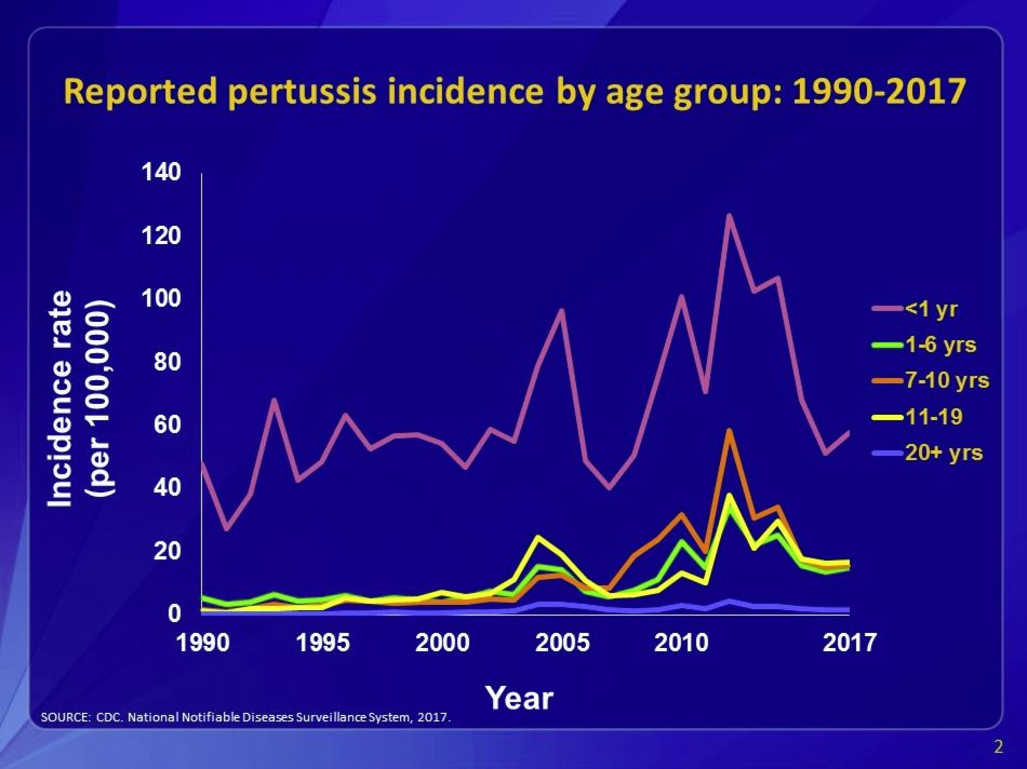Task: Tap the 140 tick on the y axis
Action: tap(161, 172)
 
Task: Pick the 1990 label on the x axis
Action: tap(203, 644)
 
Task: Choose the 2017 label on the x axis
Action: tap(849, 644)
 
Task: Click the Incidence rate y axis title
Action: tap(60, 399)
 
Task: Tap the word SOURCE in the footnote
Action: tap(65, 717)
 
